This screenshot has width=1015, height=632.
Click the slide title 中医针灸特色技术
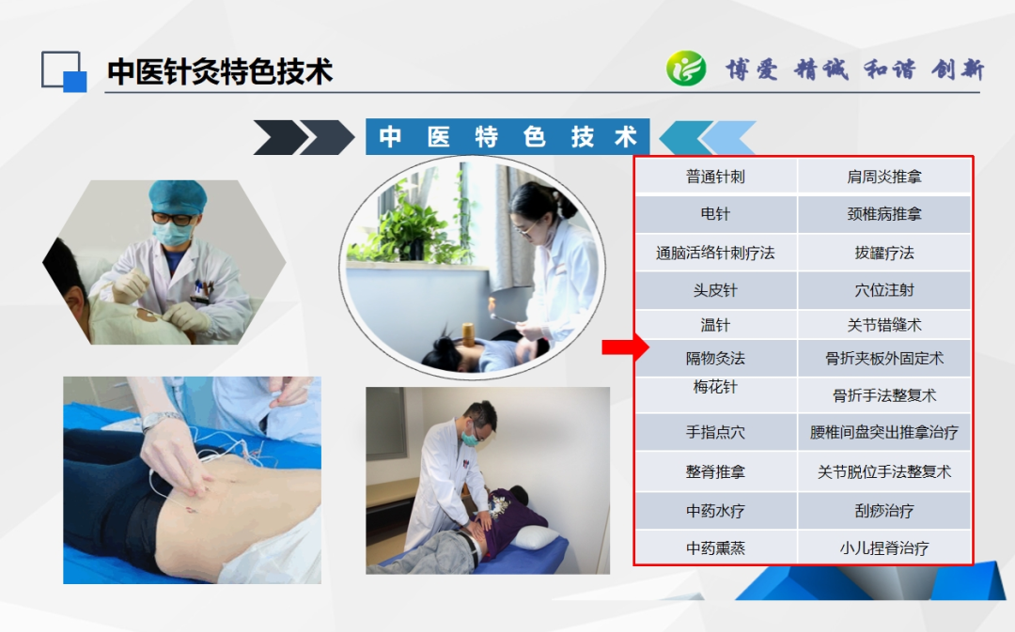point(220,71)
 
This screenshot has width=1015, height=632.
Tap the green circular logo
point(686,69)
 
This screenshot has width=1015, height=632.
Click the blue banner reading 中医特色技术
point(507,136)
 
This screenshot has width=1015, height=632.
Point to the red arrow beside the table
point(625,347)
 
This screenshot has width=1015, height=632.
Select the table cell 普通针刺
point(715,177)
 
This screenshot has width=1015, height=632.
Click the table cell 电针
point(715,214)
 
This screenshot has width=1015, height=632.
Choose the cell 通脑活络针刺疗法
point(715,253)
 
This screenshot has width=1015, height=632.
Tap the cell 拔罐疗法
point(884,253)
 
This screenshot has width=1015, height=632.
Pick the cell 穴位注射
point(884,290)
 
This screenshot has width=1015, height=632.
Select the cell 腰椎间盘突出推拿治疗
point(884,432)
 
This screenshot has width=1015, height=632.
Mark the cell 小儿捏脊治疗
point(884,548)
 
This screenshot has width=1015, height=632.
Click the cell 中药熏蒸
point(715,548)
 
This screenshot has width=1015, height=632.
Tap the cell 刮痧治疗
point(884,511)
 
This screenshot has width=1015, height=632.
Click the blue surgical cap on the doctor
point(178,195)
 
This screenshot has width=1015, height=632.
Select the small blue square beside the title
point(74,82)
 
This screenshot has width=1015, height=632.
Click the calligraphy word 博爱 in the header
point(752,69)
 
